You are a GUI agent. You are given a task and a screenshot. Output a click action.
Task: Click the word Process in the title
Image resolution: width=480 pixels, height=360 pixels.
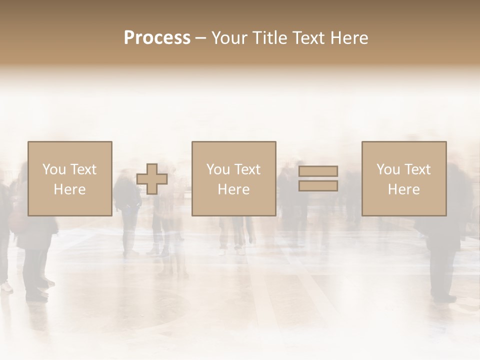click(157, 38)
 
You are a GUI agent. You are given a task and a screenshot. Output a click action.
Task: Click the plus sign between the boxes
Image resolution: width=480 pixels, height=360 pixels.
click(152, 179)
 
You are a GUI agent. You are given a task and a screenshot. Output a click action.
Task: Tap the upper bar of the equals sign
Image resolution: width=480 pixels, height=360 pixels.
click(318, 171)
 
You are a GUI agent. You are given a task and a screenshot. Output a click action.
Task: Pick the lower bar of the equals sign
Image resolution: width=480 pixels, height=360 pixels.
click(318, 186)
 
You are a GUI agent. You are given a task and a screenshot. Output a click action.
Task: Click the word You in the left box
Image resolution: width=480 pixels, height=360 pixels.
click(53, 169)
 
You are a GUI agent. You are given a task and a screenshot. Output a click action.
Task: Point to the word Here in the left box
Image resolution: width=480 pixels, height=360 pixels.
click(69, 189)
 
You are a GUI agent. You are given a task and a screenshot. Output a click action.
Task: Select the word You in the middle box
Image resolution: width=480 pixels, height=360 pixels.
click(217, 169)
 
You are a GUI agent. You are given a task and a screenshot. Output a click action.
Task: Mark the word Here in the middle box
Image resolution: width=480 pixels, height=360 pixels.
click(233, 189)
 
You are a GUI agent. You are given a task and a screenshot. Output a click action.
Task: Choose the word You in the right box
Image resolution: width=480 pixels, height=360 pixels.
click(387, 169)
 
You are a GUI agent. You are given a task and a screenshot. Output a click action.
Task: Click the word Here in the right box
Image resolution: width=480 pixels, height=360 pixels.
click(404, 189)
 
